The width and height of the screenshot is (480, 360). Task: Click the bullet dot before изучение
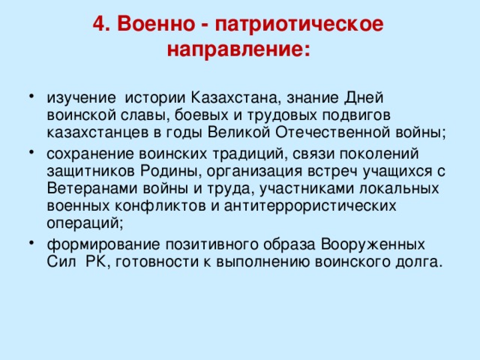point(28,98)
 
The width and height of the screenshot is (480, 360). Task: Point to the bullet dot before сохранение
point(28,153)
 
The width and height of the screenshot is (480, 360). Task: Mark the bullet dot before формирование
point(28,244)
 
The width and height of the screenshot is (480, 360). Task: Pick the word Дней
point(364,97)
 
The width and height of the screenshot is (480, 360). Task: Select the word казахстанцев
point(94,133)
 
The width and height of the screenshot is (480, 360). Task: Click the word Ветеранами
point(88,187)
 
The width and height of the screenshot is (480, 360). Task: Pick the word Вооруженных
point(373,244)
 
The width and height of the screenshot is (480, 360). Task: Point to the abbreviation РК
point(101,262)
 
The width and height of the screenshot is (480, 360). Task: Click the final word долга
point(420,262)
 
